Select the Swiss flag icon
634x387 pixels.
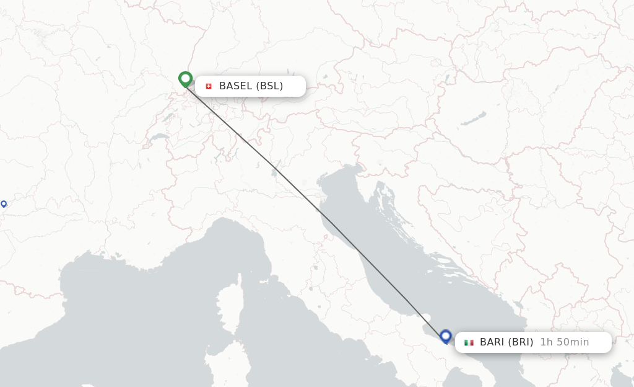pyautogui.click(x=209, y=86)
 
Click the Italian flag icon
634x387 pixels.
pyautogui.click(x=469, y=342)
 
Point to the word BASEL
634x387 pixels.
pyautogui.click(x=235, y=86)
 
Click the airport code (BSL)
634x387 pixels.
pyautogui.click(x=269, y=86)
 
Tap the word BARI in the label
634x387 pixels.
pyautogui.click(x=492, y=342)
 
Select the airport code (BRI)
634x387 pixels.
pyautogui.click(x=520, y=342)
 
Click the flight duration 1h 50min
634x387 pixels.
pyautogui.click(x=564, y=342)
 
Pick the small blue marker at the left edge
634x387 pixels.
pyautogui.click(x=4, y=204)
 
